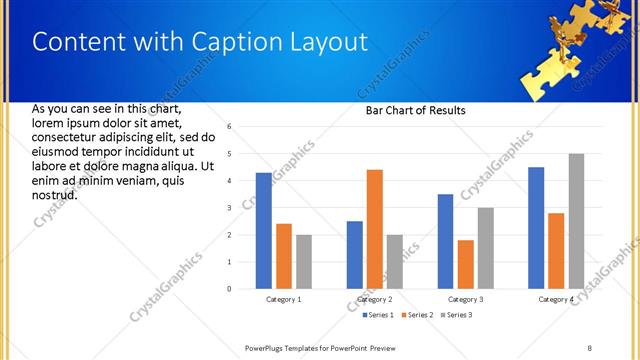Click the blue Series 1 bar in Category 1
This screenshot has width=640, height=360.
263,231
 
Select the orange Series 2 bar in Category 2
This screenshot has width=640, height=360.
375,229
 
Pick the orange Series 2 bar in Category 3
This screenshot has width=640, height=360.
466,264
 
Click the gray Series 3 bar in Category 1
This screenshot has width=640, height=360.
304,262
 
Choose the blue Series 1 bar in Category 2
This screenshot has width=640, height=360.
355,255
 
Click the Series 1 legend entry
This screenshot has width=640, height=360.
377,315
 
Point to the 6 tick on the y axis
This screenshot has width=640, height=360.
230,127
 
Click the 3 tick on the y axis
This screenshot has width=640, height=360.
230,208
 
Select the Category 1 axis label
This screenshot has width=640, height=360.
283,299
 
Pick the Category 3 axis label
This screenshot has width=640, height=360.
466,299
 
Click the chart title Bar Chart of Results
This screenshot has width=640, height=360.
415,111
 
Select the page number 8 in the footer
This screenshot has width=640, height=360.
590,347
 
